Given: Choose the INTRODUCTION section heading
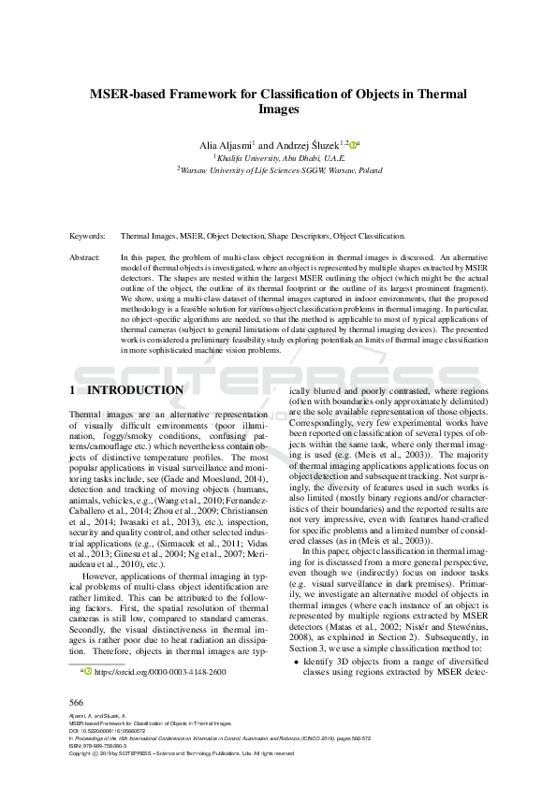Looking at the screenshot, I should (x=135, y=389).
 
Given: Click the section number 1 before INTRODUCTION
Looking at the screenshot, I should (x=74, y=389).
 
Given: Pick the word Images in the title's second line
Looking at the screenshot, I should (x=278, y=109).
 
